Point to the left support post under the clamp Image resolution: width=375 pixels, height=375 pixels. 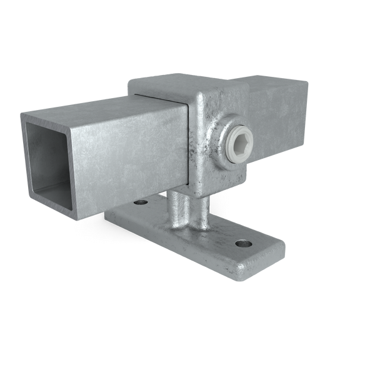point(179,209)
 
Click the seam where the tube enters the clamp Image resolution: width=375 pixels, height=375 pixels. point(188,144)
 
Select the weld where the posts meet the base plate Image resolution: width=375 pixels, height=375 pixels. point(187,228)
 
